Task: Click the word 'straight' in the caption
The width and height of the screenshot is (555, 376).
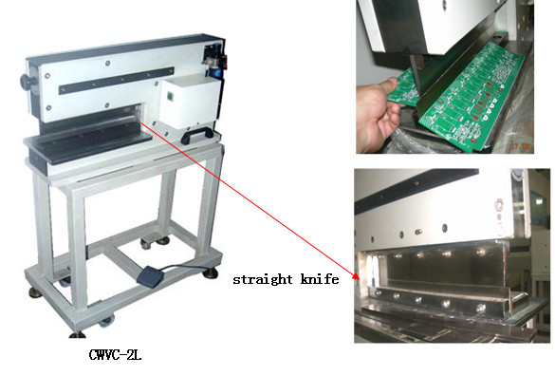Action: [264, 280]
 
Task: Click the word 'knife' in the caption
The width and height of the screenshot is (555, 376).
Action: [321, 280]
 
